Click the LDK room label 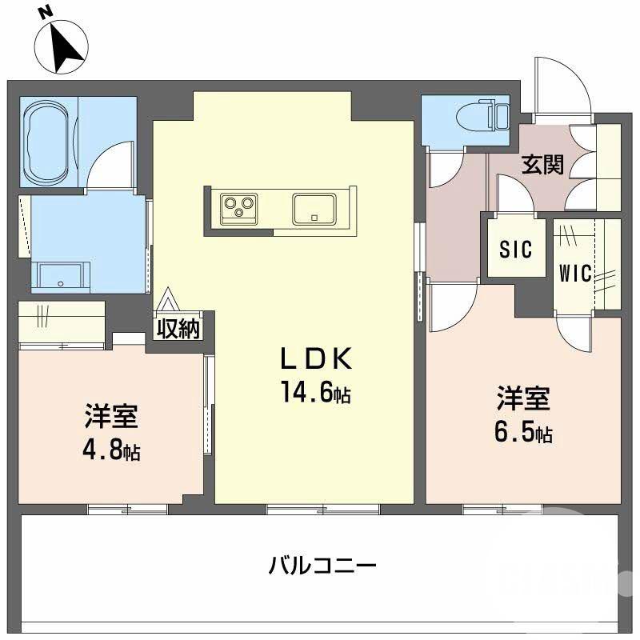coord(315,360)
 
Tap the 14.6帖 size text coord(314,393)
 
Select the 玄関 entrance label coord(543,165)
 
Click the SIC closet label coord(515,250)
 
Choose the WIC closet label coord(575,274)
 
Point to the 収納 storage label coord(178,328)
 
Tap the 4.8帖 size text coord(111,450)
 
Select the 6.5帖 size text coord(522,434)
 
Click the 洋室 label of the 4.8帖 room coord(111,418)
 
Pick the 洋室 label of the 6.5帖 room coord(523,398)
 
